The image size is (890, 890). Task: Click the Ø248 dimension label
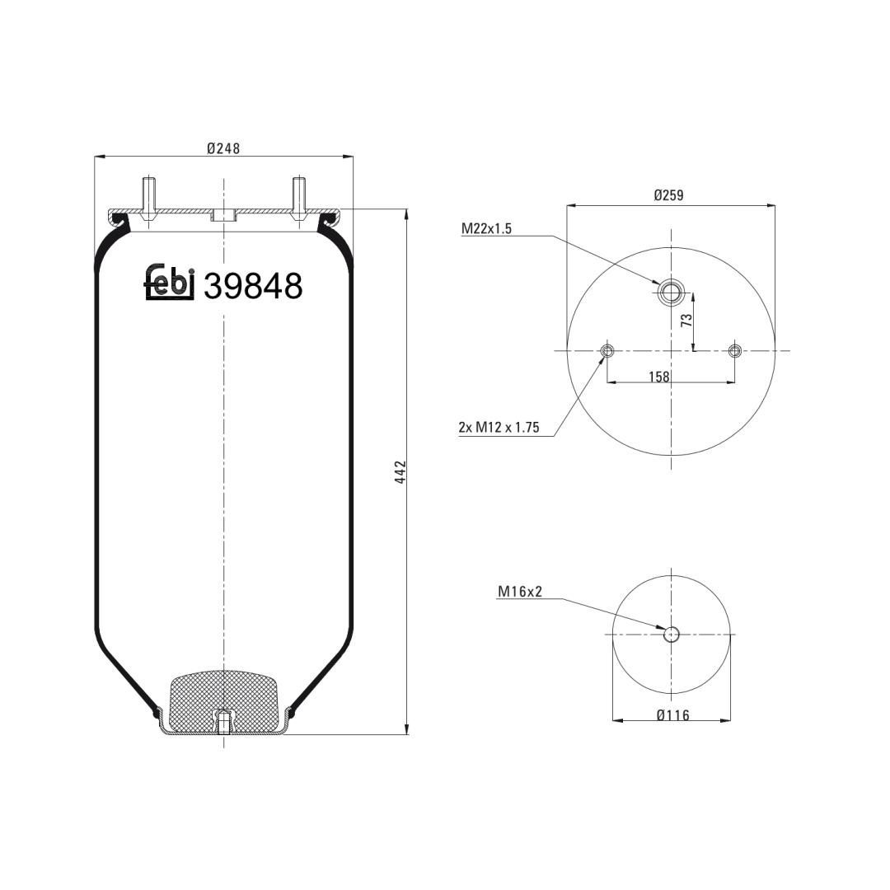pyautogui.click(x=223, y=148)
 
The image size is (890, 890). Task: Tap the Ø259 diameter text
pyautogui.click(x=668, y=195)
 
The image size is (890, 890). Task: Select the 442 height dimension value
pyautogui.click(x=400, y=472)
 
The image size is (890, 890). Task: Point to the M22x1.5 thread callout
pyautogui.click(x=486, y=229)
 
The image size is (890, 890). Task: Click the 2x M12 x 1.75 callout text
pyautogui.click(x=499, y=428)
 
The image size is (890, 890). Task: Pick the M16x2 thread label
pyautogui.click(x=520, y=592)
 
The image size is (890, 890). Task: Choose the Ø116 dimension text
pyautogui.click(x=672, y=715)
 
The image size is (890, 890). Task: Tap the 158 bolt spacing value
pyautogui.click(x=659, y=377)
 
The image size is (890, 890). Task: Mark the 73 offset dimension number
pyautogui.click(x=686, y=320)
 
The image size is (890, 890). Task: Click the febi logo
pyautogui.click(x=170, y=282)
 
